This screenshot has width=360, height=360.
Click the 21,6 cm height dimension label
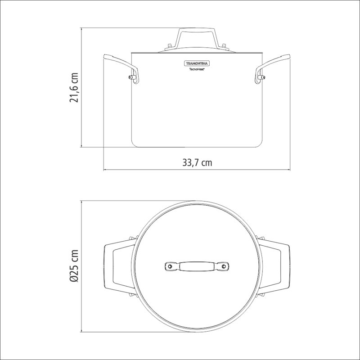point(74,87)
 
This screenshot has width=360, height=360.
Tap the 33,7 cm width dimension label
point(197,162)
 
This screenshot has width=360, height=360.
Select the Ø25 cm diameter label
point(74,265)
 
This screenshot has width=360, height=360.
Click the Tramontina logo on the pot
point(197,63)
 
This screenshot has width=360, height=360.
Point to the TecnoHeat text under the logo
point(197,69)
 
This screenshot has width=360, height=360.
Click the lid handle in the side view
point(197,39)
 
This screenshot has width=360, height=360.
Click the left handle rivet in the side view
point(131,77)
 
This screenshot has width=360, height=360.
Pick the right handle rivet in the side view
point(263,77)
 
